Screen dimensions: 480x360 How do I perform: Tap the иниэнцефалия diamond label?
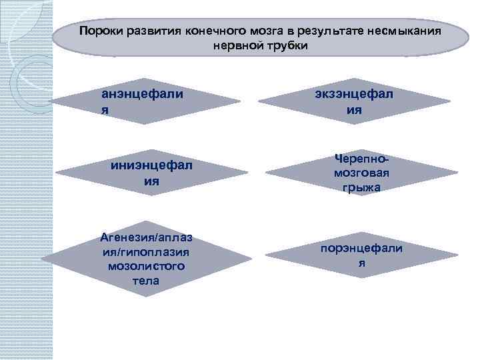pos(151,173)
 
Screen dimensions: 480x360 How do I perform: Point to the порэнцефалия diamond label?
pos(361,255)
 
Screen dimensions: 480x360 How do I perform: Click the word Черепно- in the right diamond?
pos(362,160)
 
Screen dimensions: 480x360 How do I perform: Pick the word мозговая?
pos(362,173)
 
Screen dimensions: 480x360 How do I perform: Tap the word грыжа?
pos(362,187)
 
